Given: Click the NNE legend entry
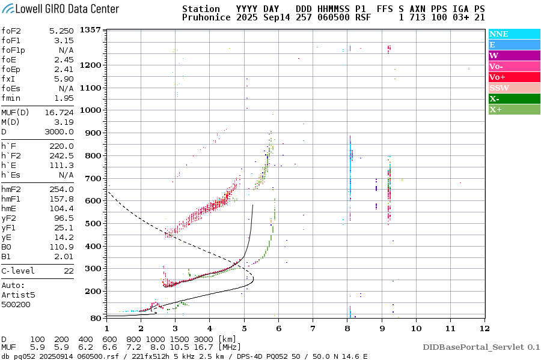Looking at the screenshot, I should [498, 34].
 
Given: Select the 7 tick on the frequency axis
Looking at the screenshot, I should [313, 328].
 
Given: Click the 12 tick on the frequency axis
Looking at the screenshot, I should [484, 328].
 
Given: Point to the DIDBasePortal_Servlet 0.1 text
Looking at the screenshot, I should [481, 347].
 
